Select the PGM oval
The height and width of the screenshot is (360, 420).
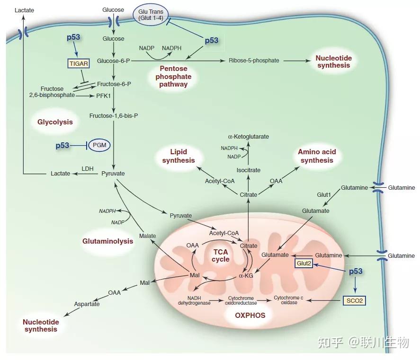coord(99,145)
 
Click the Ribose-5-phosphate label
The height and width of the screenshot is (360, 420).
coord(254,60)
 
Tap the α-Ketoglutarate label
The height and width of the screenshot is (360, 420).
coord(249,136)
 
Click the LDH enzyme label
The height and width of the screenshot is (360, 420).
coord(87,168)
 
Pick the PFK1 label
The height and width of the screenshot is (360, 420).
coord(103,95)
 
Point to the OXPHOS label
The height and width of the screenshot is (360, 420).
coord(250,315)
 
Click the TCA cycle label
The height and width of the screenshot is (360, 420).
coord(221,255)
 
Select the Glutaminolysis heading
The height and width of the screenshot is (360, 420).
coord(107,241)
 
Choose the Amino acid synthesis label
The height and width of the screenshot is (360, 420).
coord(317,156)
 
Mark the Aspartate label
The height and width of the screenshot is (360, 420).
coord(87,304)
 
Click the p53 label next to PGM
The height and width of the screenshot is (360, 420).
coord(63,145)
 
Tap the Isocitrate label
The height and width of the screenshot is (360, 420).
coord(249,170)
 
